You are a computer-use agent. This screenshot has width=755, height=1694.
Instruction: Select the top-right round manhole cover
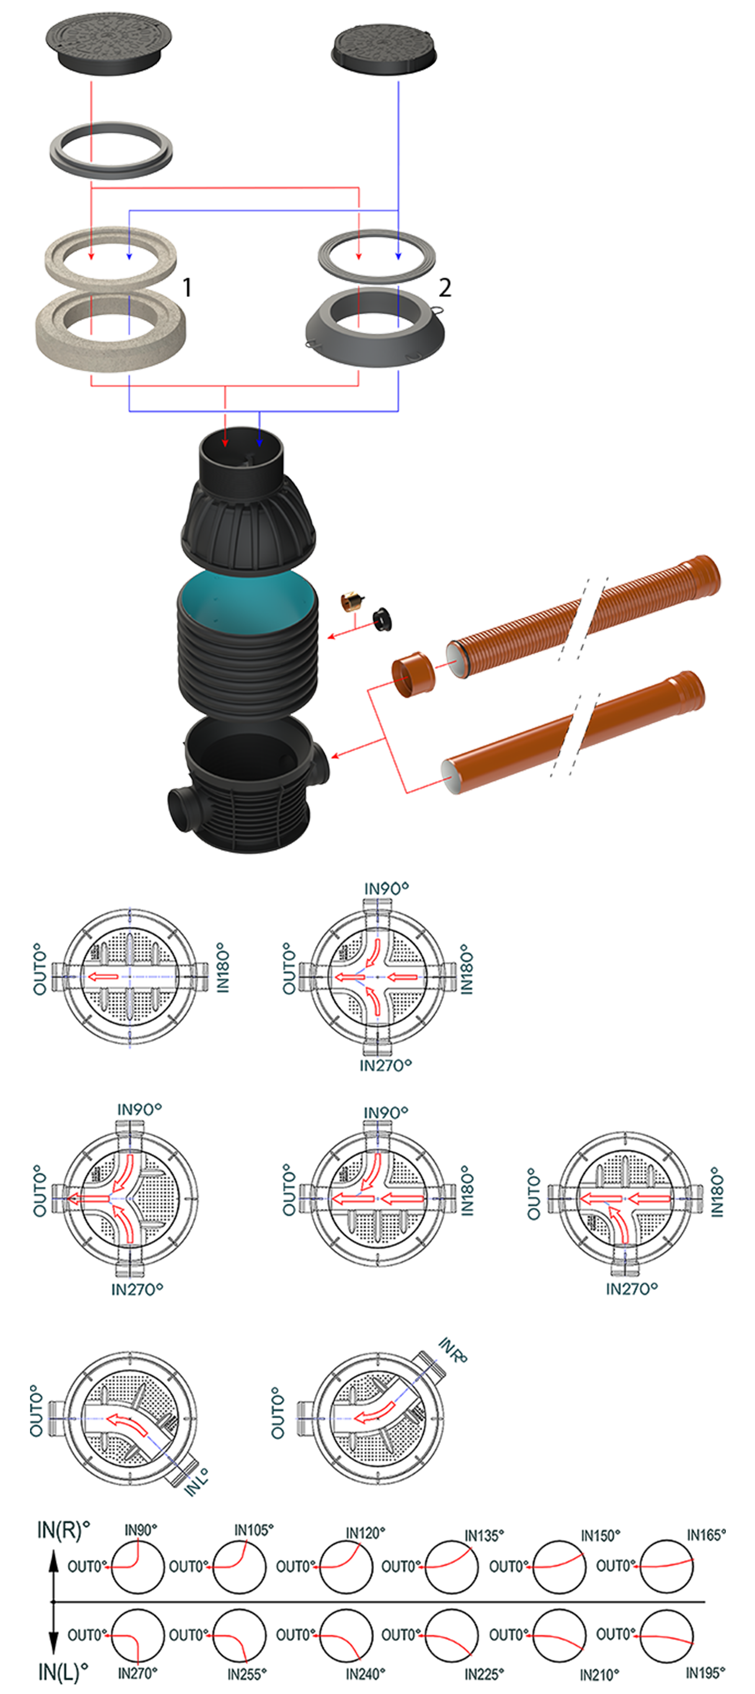click(384, 47)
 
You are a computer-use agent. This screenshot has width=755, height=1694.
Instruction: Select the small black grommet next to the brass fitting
click(381, 618)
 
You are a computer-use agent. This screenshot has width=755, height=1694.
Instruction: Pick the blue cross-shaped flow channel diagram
click(130, 977)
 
